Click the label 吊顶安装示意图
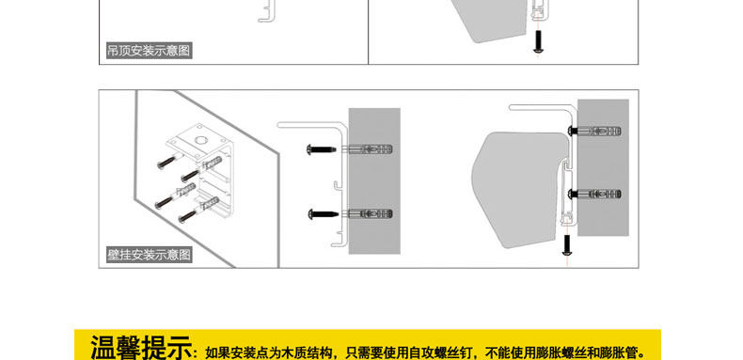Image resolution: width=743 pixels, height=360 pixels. click(149, 50)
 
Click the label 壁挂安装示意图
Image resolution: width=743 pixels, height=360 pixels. click(149, 255)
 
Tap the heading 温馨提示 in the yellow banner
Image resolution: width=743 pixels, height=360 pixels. click(141, 348)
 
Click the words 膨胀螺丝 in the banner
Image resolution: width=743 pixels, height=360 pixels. click(557, 352)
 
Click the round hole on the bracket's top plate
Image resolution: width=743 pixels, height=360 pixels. click(201, 140)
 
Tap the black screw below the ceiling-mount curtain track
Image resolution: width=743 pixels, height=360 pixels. click(539, 41)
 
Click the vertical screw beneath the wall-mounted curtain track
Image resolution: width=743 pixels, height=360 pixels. click(566, 245)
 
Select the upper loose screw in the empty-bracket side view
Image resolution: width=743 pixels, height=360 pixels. click(322, 149)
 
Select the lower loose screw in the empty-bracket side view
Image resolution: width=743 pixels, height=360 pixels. click(324, 213)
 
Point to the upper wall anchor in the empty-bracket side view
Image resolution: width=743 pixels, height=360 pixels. click(367, 149)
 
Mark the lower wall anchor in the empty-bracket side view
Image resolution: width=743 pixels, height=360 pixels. click(367, 213)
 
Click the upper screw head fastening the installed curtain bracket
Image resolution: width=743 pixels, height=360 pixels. click(573, 131)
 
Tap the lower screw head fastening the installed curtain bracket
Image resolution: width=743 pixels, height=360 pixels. click(573, 194)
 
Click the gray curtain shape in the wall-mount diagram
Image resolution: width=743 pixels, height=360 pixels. click(519, 190)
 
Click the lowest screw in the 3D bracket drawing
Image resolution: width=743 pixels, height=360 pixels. click(187, 217)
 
